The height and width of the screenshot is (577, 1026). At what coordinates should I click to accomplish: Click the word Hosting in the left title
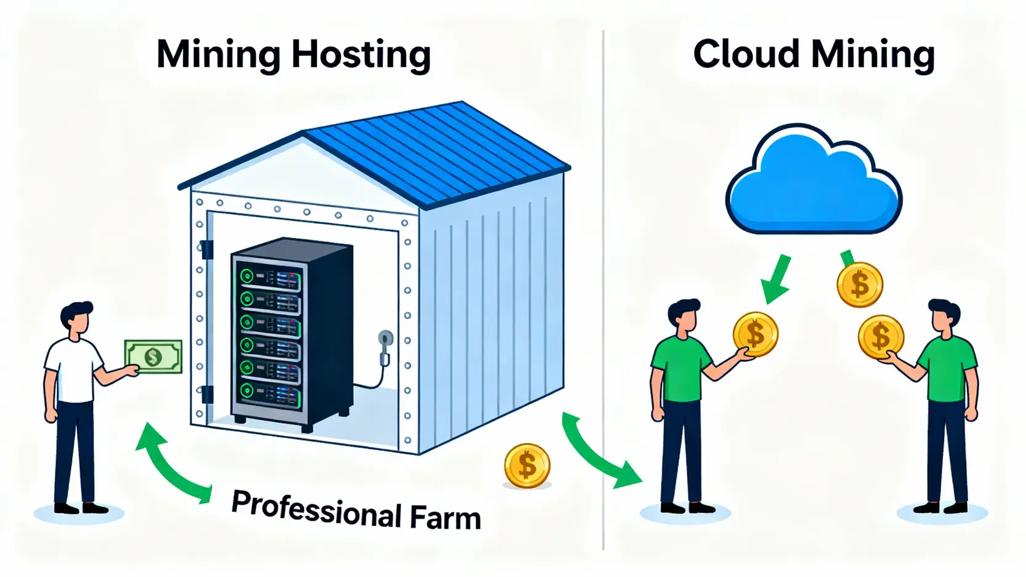(x=361, y=55)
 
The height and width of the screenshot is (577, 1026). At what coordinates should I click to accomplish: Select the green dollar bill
(x=153, y=357)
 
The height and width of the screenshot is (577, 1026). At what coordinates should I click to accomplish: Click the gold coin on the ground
(x=527, y=466)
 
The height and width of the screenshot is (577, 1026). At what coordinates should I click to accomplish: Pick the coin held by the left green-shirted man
(x=755, y=334)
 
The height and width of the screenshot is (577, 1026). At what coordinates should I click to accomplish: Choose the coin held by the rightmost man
(x=881, y=337)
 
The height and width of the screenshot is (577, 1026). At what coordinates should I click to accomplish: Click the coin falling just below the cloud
(x=860, y=284)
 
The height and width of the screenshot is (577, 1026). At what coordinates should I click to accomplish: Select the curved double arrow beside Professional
(x=170, y=465)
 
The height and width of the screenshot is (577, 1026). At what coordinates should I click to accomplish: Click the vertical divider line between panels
(x=603, y=289)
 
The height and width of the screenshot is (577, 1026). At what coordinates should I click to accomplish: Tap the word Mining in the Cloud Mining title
(x=873, y=55)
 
